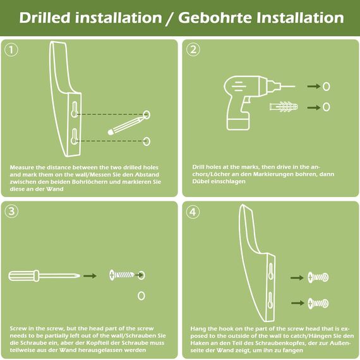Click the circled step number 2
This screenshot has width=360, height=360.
(194, 49)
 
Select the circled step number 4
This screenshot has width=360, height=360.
(194, 212)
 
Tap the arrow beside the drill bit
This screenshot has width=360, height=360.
(313, 87)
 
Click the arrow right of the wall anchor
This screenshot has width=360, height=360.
(313, 107)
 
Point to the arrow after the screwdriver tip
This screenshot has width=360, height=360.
(90, 275)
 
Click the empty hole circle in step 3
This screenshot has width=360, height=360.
(141, 295)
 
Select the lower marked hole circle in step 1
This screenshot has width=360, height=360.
(147, 140)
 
